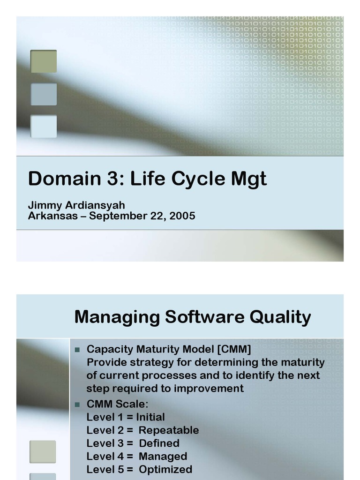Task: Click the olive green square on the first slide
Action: [44, 61]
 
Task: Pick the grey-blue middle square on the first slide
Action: [44, 94]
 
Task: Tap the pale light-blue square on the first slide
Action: [44, 127]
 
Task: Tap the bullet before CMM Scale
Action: [78, 404]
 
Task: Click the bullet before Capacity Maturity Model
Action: [78, 350]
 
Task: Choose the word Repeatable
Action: [169, 430]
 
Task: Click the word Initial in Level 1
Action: [150, 417]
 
